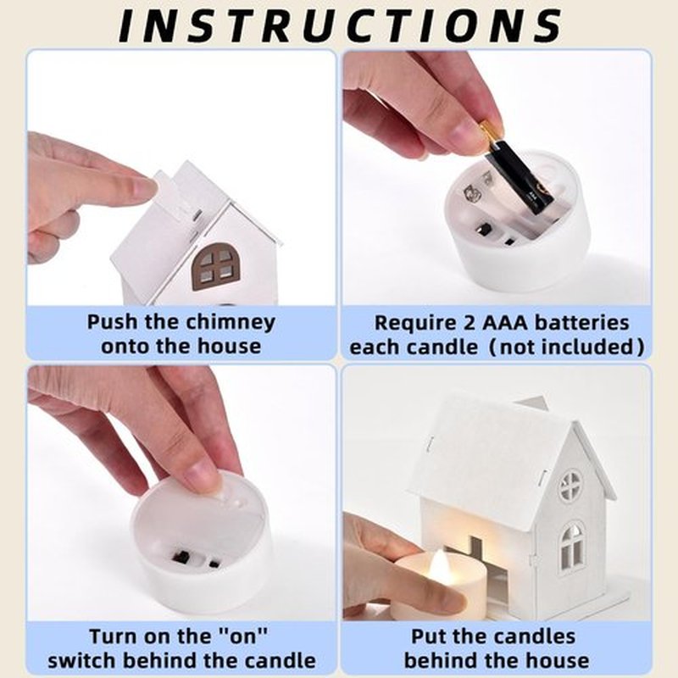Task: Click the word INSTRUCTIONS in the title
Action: [341, 25]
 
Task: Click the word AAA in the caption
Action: [505, 323]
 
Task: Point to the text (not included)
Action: [566, 347]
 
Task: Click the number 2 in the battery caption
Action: [469, 323]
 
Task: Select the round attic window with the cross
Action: [570, 486]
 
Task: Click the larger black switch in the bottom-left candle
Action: [181, 556]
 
